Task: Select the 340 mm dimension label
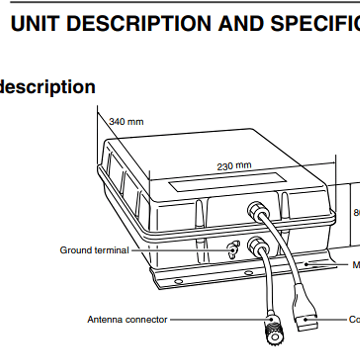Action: [x=126, y=122]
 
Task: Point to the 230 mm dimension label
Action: [x=234, y=166]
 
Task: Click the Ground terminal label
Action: [x=94, y=250]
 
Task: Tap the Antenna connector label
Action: [x=127, y=319]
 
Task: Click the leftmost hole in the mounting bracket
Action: [x=178, y=282]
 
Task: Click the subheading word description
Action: [x=48, y=87]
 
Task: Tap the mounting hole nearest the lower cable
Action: [x=246, y=273]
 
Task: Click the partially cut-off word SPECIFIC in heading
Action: [x=315, y=24]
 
